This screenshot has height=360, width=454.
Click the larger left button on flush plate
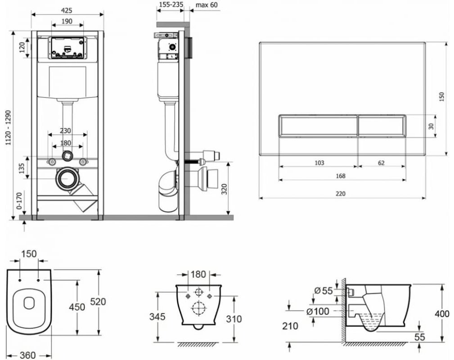point(319,126)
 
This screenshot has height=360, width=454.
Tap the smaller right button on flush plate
point(382,126)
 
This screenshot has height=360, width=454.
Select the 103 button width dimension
point(319,162)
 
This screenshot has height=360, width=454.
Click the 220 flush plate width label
point(341,193)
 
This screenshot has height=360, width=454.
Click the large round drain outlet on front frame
point(67,179)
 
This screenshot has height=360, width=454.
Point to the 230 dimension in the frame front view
point(66,130)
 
